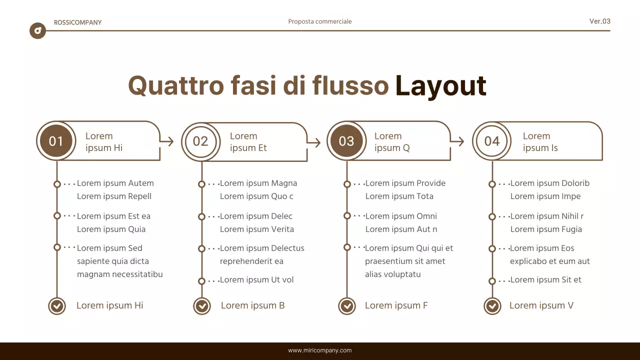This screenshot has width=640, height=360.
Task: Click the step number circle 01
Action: click(x=56, y=141)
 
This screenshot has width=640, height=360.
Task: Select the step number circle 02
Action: click(x=200, y=141)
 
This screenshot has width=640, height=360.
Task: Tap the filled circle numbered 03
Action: click(x=346, y=141)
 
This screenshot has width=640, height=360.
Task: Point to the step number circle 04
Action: click(x=491, y=141)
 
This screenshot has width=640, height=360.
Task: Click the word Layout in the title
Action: click(x=440, y=85)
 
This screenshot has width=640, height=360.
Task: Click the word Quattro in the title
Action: click(x=176, y=85)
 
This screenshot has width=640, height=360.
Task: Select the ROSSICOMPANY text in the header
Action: click(x=77, y=22)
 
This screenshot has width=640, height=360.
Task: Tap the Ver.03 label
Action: click(x=599, y=21)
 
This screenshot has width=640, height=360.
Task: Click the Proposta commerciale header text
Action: click(x=320, y=21)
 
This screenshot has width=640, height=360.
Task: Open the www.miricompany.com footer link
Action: click(x=320, y=350)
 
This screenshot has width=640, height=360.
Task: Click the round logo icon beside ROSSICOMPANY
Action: click(x=37, y=31)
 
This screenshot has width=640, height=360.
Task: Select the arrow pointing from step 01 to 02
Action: click(x=167, y=141)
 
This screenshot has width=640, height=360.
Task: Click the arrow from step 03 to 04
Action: click(x=457, y=141)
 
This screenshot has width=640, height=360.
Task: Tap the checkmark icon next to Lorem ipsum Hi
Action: click(x=57, y=305)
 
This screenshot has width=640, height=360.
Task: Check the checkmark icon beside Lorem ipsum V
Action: click(x=492, y=305)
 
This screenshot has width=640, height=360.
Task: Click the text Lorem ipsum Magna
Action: click(x=258, y=183)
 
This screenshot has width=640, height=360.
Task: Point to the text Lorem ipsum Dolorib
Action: click(x=549, y=183)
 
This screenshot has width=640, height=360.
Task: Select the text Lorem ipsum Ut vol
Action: click(x=256, y=280)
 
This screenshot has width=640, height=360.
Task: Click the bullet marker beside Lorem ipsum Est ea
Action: click(x=57, y=216)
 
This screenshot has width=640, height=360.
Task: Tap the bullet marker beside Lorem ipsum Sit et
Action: click(x=492, y=281)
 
